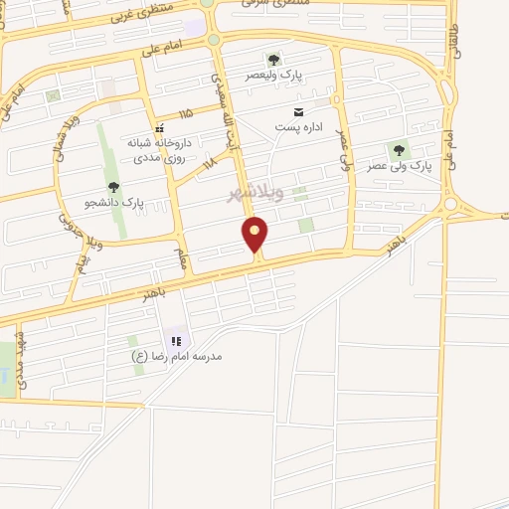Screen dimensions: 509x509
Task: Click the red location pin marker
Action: click(256, 236)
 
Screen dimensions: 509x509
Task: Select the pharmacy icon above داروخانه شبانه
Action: click(158, 127)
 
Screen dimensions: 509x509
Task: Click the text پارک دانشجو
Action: click(113, 202)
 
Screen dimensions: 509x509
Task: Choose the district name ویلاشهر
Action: click(255, 191)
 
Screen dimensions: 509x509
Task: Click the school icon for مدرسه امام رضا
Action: click(177, 341)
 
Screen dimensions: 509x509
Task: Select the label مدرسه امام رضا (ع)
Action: click(177, 356)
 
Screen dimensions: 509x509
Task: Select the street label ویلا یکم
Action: click(80, 264)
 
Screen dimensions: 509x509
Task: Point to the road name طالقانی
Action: click(456, 40)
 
